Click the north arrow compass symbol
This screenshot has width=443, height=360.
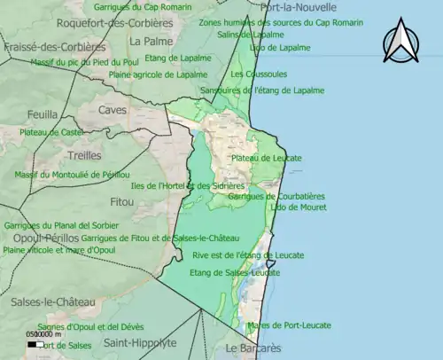pos(400,42)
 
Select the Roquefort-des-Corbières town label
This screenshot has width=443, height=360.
pos(115,22)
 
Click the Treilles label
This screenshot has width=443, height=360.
pos(84,154)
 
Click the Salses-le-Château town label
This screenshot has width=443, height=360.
pos(52,302)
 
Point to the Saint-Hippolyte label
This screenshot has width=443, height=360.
pos(139,342)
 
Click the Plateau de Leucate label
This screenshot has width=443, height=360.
pos(266,158)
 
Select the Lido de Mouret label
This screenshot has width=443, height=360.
pos(274,207)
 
